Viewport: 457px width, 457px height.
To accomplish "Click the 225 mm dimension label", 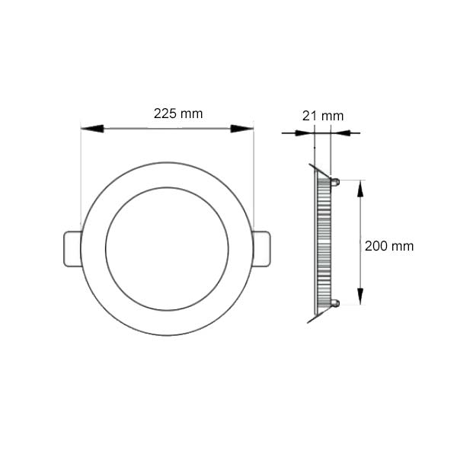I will [177, 113].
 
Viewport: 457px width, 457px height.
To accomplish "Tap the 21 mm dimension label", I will [322, 116].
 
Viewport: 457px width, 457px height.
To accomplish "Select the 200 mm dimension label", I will [389, 246].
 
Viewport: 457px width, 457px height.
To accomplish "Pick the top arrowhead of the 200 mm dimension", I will [360, 190].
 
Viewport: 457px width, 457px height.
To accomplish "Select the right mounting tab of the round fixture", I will [260, 248].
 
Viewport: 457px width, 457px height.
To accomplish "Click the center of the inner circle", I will [167, 248].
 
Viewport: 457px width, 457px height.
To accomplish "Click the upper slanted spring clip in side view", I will [318, 169].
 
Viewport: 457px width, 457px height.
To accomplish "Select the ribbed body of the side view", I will [323, 244].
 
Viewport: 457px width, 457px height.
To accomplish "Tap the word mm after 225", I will [192, 113].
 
